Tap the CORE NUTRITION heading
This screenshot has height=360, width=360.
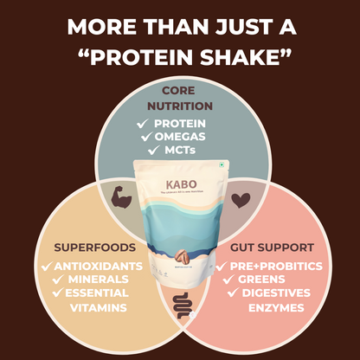(180, 98)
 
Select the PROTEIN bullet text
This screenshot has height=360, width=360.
(187, 123)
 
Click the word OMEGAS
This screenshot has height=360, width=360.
(187, 138)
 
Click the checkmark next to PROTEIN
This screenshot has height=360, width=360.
(145, 123)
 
